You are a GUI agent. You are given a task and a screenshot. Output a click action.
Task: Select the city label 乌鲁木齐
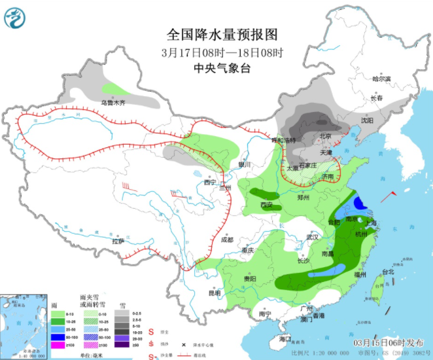coord(112,103)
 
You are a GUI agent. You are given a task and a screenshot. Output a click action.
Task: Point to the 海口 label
coord(284,339)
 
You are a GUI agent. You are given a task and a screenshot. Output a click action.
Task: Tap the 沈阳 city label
coord(367,120)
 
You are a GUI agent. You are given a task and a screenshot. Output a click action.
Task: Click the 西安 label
coord(266,205)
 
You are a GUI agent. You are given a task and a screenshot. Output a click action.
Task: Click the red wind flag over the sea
coord(392,194)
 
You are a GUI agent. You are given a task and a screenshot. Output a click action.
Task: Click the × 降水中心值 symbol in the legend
coord(175,344)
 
